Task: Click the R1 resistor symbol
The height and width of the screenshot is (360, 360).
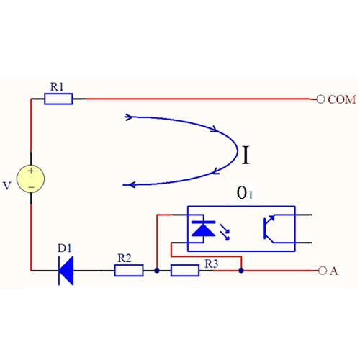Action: (x=58, y=99)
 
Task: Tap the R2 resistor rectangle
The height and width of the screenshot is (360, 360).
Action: (x=129, y=271)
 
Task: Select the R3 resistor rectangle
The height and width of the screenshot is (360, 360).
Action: (x=185, y=271)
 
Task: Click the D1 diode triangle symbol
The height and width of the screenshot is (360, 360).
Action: (x=66, y=271)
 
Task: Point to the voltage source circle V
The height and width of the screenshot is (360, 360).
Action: (x=31, y=179)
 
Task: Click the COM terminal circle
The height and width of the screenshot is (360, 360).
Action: (x=320, y=99)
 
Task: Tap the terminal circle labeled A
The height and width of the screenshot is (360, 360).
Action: (x=323, y=271)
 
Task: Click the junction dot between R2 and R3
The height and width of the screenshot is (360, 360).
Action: (x=157, y=271)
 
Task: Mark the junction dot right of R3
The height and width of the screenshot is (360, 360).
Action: (x=241, y=271)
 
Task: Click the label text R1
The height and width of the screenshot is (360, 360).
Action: (x=57, y=86)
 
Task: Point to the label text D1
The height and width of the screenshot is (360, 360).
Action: (x=65, y=248)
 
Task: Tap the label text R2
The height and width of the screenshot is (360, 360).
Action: (x=125, y=258)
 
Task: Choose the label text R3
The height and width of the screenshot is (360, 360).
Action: (x=212, y=264)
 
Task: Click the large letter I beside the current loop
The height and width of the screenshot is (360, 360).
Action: (x=246, y=155)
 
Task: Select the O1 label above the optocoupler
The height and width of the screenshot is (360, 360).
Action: (x=245, y=193)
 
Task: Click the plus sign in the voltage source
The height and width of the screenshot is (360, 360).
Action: (x=31, y=171)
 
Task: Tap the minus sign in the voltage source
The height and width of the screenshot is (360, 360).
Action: (x=31, y=187)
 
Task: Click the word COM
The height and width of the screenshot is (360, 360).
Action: (x=342, y=99)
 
